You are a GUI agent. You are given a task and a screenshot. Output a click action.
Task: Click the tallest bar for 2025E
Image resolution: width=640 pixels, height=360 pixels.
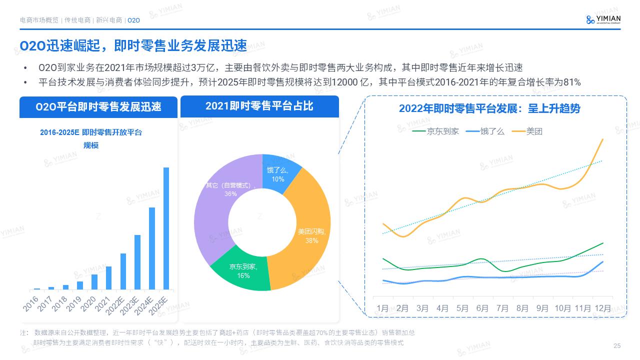[x=166, y=228]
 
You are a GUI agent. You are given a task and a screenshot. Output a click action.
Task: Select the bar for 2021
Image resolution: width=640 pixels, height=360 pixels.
[x=108, y=278]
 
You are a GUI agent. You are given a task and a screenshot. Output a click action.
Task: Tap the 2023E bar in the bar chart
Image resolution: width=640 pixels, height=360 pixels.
[x=137, y=262]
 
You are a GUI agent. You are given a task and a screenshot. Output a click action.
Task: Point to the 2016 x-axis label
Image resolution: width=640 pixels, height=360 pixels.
[x=31, y=303]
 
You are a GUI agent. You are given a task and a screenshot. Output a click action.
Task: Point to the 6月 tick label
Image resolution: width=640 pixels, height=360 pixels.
[x=482, y=308]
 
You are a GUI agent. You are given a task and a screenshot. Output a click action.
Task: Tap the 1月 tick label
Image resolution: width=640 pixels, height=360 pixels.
[x=383, y=308]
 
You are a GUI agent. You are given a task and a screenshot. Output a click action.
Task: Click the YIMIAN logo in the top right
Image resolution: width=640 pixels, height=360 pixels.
[x=603, y=19]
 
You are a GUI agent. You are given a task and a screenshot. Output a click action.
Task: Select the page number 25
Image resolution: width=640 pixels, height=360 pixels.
[x=616, y=346]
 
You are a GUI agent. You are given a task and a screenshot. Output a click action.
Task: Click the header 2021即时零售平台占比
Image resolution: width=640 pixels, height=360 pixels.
[x=259, y=106]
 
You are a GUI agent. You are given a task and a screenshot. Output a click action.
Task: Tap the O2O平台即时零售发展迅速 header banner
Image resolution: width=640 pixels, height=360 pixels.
[x=98, y=107]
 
